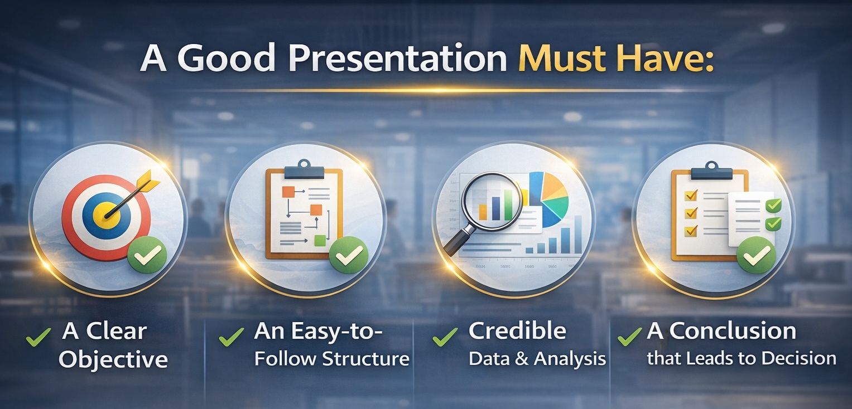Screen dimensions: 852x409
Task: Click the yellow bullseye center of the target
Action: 108,215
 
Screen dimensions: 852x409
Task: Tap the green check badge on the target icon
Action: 147,255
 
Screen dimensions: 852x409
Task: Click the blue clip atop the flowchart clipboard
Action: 304,171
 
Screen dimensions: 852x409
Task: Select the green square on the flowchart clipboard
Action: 320,241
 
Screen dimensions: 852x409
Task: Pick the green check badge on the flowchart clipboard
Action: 349,255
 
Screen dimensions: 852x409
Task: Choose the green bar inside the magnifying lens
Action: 508,205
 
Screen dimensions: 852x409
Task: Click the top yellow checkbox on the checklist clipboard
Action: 691,195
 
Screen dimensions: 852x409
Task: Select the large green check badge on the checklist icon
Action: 756,255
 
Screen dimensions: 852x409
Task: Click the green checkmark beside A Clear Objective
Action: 38,337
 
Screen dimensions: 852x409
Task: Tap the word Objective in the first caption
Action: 113,359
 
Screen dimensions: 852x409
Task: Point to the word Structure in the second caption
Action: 365,359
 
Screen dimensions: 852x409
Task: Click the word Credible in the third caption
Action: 517,331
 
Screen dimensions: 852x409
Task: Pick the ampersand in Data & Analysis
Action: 524,359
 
